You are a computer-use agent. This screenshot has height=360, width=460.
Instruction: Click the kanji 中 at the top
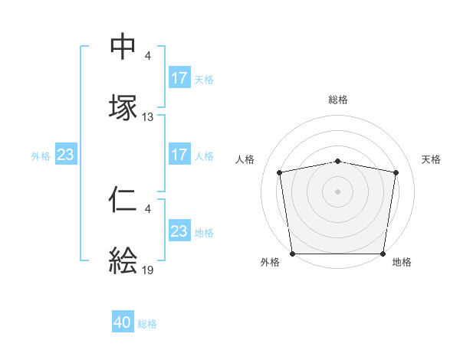pos(123,47)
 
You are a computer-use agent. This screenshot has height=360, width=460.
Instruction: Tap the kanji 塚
pos(123,107)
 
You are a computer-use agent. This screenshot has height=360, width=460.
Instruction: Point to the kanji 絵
pos(123,260)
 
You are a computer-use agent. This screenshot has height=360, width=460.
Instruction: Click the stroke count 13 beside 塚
pos(148,117)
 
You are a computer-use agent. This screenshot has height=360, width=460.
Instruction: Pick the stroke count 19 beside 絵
pos(148,270)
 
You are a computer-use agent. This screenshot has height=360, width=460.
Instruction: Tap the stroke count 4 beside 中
pos(148,56)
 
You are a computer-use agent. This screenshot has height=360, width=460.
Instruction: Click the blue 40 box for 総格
pos(123,323)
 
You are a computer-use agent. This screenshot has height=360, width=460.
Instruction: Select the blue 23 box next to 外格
pos(65,155)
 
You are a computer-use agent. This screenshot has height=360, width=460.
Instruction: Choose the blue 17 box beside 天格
pos(179,78)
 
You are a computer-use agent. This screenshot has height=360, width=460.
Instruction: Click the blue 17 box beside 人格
pos(179,155)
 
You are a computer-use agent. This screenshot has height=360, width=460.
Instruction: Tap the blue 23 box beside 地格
pos(179,231)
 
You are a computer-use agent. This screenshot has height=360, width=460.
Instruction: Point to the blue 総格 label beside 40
pos(147,324)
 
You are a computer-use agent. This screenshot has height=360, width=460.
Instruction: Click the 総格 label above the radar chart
pos(338,100)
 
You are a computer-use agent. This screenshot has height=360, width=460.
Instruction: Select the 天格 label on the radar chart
pos(431,159)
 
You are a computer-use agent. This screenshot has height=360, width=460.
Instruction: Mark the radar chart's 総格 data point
pos(338,161)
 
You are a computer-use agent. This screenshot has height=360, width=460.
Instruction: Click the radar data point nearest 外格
pos(292,254)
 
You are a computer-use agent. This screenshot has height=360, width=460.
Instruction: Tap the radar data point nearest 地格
pos(383,254)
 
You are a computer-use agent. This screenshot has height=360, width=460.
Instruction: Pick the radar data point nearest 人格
pos(280,172)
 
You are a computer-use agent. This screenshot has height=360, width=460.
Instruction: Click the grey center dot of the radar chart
pos(338,191)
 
